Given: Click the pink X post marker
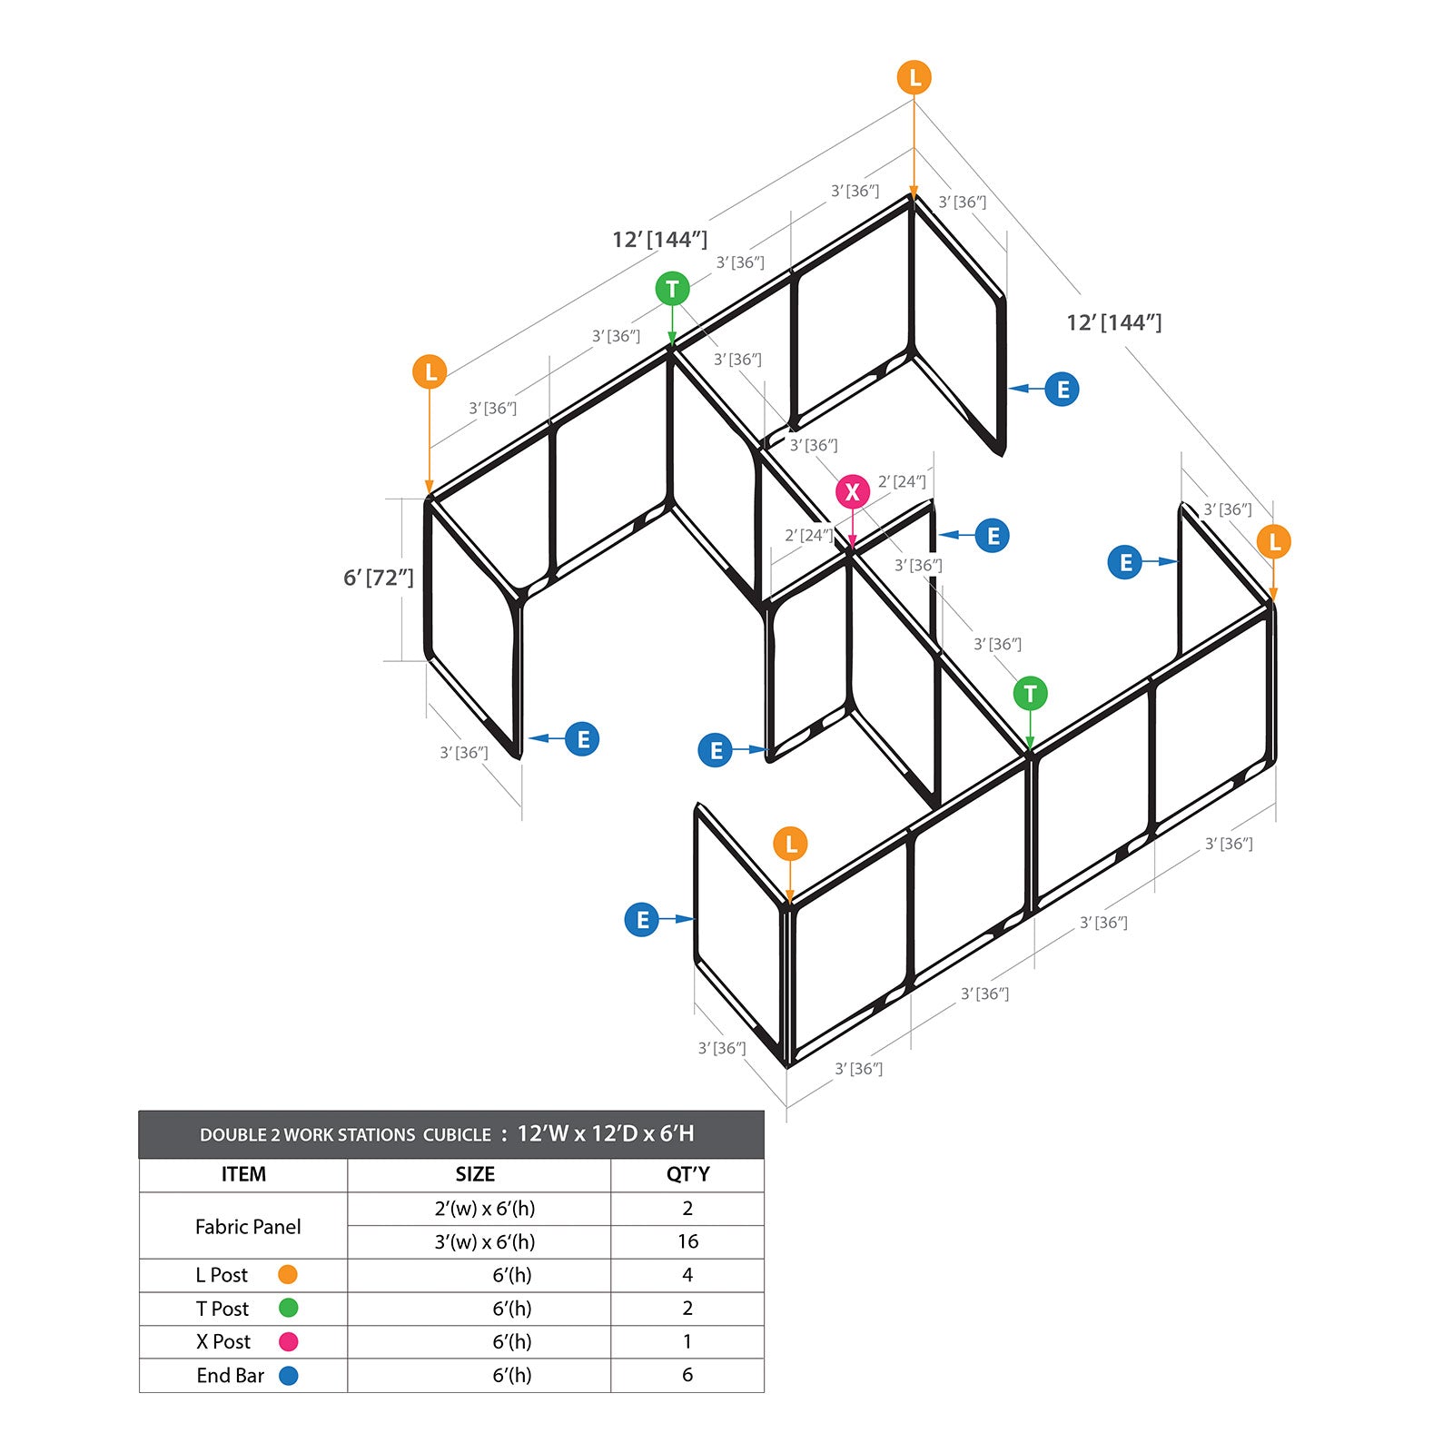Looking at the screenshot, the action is tap(852, 491).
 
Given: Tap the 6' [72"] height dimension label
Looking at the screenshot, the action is tap(378, 578).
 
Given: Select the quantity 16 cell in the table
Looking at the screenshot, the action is tap(687, 1241).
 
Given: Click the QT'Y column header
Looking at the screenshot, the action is tap(687, 1174).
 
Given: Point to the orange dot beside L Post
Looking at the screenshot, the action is tap(288, 1275).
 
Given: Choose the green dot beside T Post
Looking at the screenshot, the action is tap(288, 1308).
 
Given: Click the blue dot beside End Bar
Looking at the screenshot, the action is tap(288, 1376).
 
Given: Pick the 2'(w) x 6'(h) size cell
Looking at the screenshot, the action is tap(485, 1209).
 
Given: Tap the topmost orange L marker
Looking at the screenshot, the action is tap(914, 78).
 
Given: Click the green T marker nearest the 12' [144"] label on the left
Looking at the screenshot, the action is tap(672, 290).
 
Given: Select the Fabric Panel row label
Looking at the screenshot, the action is tap(248, 1227).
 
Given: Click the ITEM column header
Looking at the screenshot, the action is tap(243, 1174).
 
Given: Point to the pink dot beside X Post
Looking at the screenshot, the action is tap(288, 1341).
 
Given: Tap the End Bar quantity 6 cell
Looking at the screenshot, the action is tap(687, 1375).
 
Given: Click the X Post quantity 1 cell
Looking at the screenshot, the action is tap(687, 1341).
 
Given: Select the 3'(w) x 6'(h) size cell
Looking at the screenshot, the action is tap(485, 1241).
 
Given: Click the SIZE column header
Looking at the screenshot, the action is tap(475, 1174).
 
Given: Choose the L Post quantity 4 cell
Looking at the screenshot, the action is tap(687, 1275).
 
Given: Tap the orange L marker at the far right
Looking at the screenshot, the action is tap(1274, 542).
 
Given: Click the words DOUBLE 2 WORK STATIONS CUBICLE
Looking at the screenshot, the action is tap(345, 1135).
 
